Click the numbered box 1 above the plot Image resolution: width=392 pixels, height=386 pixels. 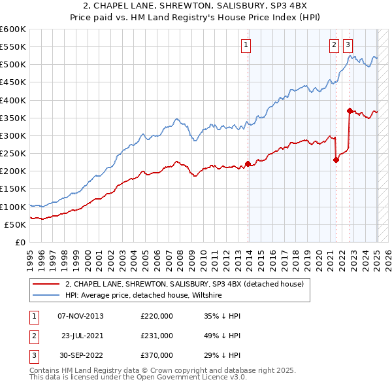246,45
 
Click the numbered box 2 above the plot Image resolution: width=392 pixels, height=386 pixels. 334,45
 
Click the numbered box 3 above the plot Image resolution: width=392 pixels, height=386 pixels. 348,45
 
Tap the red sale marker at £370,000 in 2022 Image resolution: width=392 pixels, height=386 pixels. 350,111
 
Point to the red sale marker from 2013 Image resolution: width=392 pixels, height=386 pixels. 248,164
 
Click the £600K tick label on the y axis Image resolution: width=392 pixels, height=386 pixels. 13,29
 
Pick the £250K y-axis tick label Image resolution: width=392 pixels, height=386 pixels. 13,153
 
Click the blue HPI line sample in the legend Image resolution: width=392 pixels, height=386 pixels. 46,295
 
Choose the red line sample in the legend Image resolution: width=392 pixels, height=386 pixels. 46,284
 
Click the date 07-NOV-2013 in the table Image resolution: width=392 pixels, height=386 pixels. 80,315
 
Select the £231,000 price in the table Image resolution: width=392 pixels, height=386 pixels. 157,335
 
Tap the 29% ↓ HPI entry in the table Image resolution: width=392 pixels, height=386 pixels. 222,355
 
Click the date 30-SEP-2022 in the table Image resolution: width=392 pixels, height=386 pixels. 80,355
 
